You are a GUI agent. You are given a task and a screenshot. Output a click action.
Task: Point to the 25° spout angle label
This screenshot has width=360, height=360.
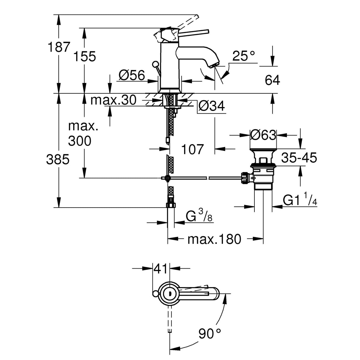243,56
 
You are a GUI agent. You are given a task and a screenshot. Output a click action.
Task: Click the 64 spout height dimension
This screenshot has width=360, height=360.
272,80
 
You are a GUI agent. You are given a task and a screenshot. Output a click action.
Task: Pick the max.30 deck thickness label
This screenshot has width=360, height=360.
113,101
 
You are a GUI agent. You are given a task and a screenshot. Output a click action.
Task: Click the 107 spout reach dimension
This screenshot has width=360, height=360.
192,149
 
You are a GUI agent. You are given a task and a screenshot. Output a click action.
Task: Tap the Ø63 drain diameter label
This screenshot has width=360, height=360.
263,135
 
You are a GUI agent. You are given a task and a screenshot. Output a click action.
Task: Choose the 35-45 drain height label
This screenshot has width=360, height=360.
299,158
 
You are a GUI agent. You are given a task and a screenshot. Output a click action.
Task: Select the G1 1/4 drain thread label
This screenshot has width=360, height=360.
300,200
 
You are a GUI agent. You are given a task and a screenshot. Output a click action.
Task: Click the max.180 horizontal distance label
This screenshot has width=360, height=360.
214,239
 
